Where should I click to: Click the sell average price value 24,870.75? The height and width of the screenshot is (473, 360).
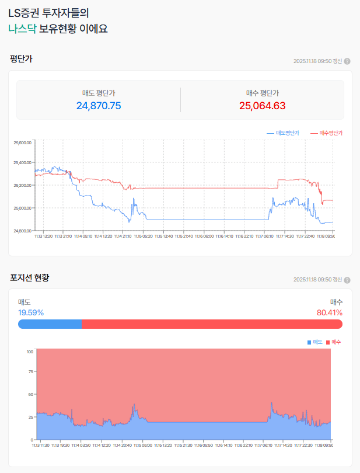pos(99,106)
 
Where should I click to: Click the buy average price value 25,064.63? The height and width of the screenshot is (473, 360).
pos(262,106)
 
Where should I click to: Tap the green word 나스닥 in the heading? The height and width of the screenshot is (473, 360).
pos(22,28)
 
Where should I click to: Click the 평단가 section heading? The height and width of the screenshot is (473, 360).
pos(21,58)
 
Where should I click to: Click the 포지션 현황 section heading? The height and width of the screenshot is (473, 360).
pos(30,277)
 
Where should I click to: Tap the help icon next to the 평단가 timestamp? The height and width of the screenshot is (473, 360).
pos(347,61)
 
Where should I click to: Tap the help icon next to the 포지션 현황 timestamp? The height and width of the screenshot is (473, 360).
pos(347,280)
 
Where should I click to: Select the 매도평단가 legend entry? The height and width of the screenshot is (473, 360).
pos(283,133)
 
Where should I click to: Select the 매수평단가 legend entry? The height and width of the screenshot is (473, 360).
pos(326,133)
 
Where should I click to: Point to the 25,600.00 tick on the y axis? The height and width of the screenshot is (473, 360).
pos(22,142)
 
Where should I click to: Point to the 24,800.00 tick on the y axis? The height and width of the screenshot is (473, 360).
pos(22,231)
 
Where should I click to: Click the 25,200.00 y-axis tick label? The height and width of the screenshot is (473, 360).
pos(22,186)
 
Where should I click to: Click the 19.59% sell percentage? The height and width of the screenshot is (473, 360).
pos(31,312)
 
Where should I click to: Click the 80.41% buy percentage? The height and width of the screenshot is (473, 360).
pos(330,312)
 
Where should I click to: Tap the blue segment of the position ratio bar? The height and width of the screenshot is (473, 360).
pos(50,324)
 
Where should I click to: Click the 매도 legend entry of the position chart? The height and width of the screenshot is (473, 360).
pos(315,342)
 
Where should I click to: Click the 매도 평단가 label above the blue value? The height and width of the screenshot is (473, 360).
pos(99,93)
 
